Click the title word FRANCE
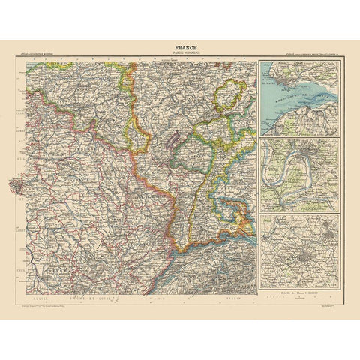[180, 46]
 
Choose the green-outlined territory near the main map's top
[226, 98]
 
